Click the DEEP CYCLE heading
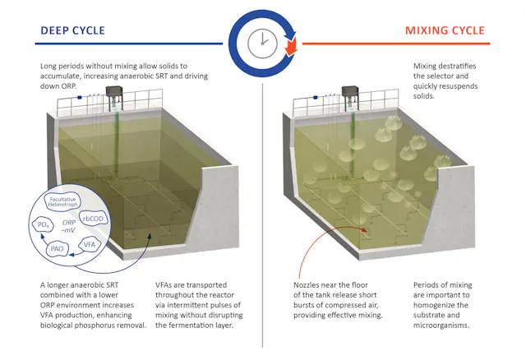tap(73, 30)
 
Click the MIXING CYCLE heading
tap(445, 30)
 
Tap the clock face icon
tap(263, 44)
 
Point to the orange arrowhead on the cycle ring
tap(291, 47)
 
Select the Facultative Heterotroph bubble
tap(62, 201)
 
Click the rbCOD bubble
tap(93, 219)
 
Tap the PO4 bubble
tap(43, 224)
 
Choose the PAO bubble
tap(57, 249)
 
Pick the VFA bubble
tap(90, 245)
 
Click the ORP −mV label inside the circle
tap(68, 227)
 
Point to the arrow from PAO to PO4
tap(44, 238)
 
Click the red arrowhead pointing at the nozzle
tap(364, 230)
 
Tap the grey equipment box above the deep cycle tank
tap(115, 91)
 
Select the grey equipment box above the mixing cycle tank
tap(350, 91)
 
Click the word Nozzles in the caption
tap(306, 285)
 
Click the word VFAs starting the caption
tap(164, 285)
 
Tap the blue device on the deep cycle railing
tap(80, 97)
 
